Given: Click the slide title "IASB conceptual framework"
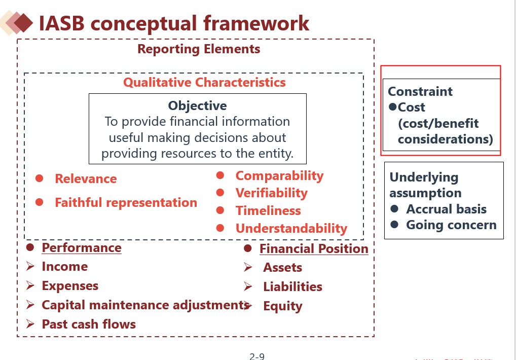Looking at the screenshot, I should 174,23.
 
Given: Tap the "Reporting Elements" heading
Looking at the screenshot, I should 199,49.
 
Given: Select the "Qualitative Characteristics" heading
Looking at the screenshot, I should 204,82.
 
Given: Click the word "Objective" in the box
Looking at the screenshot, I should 197,105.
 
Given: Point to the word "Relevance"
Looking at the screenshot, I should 86,179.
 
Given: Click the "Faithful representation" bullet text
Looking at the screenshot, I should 126,203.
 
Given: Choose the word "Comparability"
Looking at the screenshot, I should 279,176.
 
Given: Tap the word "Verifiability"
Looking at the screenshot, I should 271,193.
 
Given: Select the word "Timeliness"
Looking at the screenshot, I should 268,211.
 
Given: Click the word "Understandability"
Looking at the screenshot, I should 291,229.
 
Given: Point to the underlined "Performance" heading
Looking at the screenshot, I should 82,248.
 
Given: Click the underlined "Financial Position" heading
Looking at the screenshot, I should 314,249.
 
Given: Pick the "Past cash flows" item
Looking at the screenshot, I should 89,325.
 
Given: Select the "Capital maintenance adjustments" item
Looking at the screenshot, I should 144,305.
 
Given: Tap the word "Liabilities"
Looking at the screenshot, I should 292,287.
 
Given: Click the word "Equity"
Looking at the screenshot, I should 282,306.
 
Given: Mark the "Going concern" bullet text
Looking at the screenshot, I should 451,225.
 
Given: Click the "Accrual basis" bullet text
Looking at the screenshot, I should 446,209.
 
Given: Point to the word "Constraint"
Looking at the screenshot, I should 420,92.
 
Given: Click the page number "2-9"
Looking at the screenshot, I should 257,356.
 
